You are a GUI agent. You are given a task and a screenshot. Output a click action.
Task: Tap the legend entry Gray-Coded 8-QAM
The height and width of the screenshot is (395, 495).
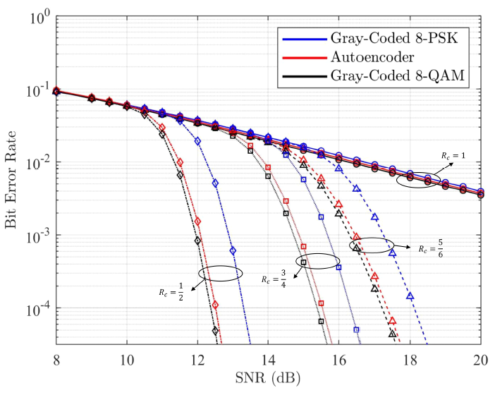click(x=393, y=75)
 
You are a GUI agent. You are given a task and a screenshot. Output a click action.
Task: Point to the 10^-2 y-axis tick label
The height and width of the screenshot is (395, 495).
click(x=34, y=163)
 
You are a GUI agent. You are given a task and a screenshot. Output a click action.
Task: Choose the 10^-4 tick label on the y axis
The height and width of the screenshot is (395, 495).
click(x=34, y=309)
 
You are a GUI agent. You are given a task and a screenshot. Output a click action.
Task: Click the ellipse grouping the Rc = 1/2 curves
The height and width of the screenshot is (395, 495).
click(x=220, y=273)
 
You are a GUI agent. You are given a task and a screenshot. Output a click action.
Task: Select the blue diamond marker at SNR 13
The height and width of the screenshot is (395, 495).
click(x=233, y=251)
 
